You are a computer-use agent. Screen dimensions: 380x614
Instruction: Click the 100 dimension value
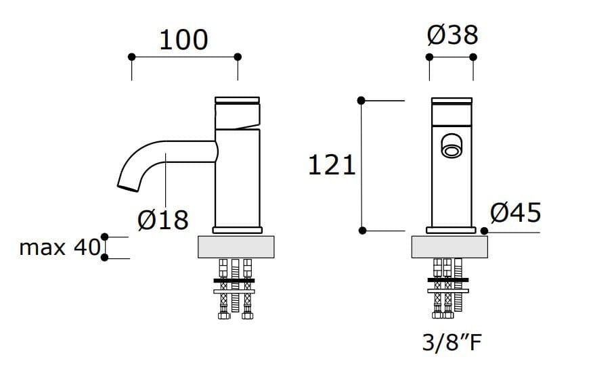point(183,40)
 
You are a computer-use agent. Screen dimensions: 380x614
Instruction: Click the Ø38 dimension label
point(452,34)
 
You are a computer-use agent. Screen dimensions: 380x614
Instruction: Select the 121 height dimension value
point(332,165)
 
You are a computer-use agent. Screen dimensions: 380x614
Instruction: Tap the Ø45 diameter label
point(516,213)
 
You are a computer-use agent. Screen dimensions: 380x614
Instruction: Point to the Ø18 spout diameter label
point(162,219)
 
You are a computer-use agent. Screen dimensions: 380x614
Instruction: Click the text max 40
point(60,247)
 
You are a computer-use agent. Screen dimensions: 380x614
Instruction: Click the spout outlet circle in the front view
point(449,147)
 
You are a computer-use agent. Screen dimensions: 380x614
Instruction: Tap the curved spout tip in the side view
point(127,185)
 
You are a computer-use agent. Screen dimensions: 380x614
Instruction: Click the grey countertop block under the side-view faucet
point(237,247)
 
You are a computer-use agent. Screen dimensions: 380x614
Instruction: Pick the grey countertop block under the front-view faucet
point(449,247)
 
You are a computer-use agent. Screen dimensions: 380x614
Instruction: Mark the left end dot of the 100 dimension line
point(131,57)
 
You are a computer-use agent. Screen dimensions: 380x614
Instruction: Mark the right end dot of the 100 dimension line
point(238,57)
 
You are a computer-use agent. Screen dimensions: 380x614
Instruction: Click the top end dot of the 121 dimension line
point(361,101)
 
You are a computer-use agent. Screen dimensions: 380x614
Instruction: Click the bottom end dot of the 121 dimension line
point(362,231)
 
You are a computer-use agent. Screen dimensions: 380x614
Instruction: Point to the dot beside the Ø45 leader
point(484,231)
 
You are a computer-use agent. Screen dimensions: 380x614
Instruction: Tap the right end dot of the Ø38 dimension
point(473,57)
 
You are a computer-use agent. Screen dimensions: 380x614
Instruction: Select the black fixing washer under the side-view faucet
point(234,280)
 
